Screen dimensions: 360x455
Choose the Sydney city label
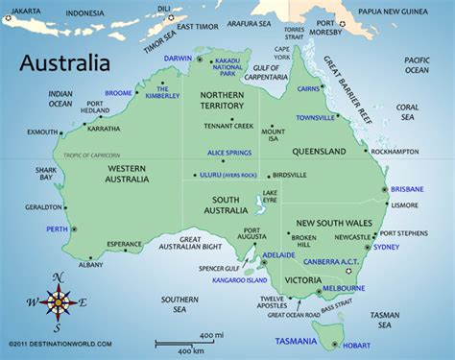click(x=386, y=247)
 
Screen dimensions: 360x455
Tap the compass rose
click(x=59, y=302)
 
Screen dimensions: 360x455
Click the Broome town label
click(x=118, y=93)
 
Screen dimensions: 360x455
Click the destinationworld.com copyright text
click(x=59, y=343)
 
